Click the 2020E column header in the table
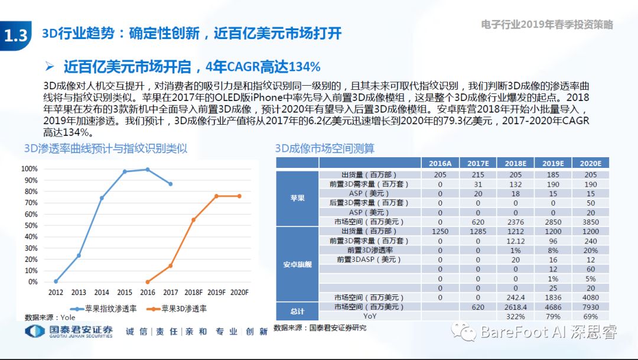590,163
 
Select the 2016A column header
440,163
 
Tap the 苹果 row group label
297,198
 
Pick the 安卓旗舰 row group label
297,264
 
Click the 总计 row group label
297,312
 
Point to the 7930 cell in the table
590,307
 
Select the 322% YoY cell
515,316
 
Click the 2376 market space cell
515,222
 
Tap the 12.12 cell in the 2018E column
515,241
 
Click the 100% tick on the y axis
30,169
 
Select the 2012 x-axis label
56,292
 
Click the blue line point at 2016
148,170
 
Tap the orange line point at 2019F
217,196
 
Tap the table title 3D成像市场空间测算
325,148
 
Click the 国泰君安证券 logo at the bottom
69,332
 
